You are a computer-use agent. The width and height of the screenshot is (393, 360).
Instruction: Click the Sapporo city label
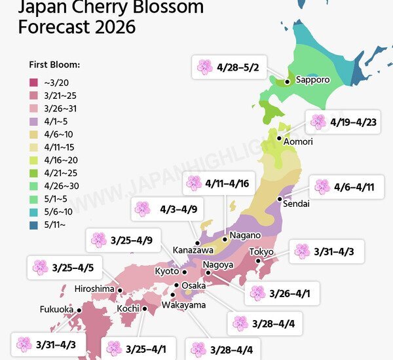coord(312,80)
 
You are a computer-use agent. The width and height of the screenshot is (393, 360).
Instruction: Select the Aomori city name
coord(298,141)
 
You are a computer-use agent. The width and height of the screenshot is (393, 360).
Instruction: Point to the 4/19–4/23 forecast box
coord(343,122)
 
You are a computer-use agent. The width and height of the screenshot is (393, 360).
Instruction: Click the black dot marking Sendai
coord(280,198)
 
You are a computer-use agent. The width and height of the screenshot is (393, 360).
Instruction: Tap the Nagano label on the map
coord(245,236)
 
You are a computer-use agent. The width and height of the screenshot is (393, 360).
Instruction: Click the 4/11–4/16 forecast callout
coord(217,183)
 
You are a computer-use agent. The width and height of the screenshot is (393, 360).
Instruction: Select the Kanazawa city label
coord(193,250)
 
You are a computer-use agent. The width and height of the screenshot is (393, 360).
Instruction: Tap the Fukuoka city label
coord(56,310)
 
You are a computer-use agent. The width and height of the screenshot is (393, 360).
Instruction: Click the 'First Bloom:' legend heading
coord(54,65)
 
